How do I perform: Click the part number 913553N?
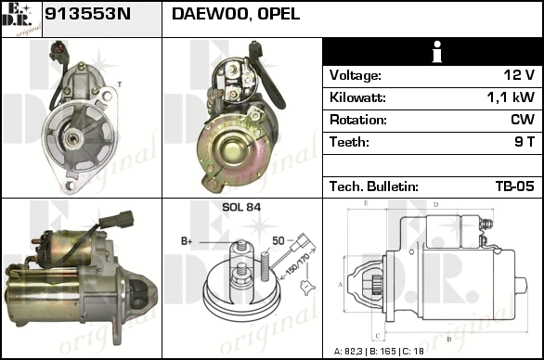click(x=88, y=14)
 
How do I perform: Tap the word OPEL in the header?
click(x=278, y=14)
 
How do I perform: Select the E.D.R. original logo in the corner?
click(x=21, y=19)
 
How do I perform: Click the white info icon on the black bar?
click(x=437, y=52)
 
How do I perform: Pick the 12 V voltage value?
click(x=519, y=75)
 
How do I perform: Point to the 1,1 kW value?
click(x=511, y=97)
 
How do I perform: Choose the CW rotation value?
click(x=523, y=120)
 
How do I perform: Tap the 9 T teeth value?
click(x=525, y=142)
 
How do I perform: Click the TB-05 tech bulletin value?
click(x=515, y=186)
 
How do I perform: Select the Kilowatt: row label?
click(x=357, y=97)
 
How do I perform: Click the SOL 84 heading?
click(x=241, y=207)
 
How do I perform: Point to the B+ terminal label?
click(x=187, y=241)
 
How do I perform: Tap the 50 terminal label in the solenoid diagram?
click(x=278, y=240)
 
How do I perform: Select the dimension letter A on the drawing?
click(x=341, y=285)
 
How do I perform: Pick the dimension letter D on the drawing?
click(x=436, y=205)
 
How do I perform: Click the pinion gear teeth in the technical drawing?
click(x=376, y=285)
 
